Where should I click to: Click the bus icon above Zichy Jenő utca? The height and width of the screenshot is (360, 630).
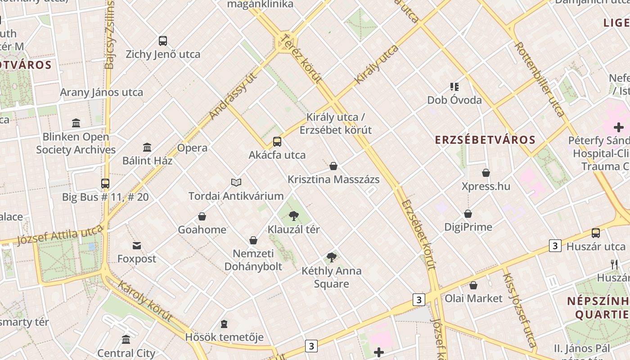pyautogui.click(x=163, y=41)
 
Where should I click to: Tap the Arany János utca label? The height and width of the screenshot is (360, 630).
pyautogui.click(x=102, y=93)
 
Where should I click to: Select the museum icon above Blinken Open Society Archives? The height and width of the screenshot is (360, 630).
pyautogui.click(x=76, y=123)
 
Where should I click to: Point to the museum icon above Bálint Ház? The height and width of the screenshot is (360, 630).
pyautogui.click(x=147, y=147)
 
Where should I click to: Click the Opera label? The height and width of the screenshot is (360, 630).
pyautogui.click(x=192, y=148)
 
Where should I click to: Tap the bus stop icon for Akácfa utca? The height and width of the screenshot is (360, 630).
pyautogui.click(x=277, y=142)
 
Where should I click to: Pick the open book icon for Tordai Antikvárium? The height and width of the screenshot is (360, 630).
pyautogui.click(x=236, y=182)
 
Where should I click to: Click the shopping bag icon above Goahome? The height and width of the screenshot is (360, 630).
pyautogui.click(x=202, y=216)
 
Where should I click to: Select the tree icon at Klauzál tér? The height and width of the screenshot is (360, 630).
pyautogui.click(x=294, y=216)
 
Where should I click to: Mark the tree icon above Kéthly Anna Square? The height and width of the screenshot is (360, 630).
pyautogui.click(x=332, y=257)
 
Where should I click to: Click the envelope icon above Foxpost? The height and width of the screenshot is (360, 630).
pyautogui.click(x=137, y=245)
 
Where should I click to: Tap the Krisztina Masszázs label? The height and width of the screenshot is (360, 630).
pyautogui.click(x=333, y=180)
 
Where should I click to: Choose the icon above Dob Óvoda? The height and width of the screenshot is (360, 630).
pyautogui.click(x=454, y=86)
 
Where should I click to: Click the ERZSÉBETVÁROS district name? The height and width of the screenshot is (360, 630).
pyautogui.click(x=485, y=139)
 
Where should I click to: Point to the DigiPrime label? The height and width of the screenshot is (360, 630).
pyautogui.click(x=468, y=227)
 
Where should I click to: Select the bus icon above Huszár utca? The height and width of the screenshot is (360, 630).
pyautogui.click(x=596, y=233)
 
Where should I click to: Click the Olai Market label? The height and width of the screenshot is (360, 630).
pyautogui.click(x=473, y=298)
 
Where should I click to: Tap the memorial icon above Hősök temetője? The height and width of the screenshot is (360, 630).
pyautogui.click(x=224, y=324)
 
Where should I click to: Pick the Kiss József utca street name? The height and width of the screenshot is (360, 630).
pyautogui.click(x=519, y=310)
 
